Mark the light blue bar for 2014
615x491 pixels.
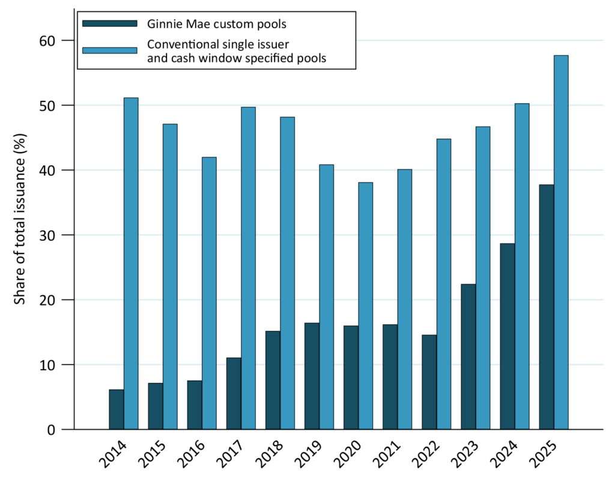(131, 264)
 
